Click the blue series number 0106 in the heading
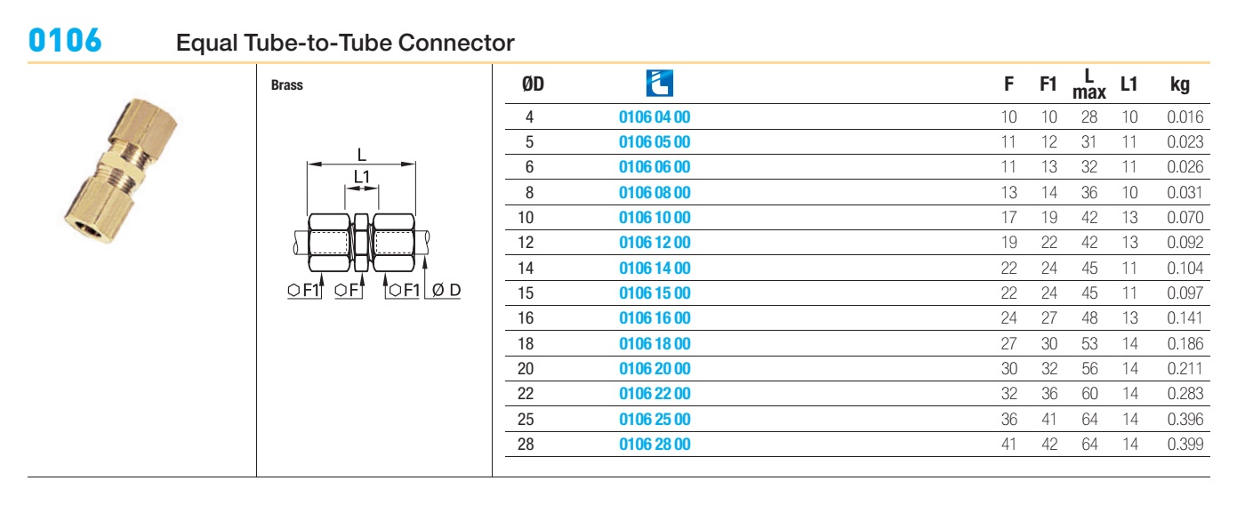pos(65,40)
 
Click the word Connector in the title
pos(456,43)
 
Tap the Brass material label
pos(286,85)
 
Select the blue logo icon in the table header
pos(659,84)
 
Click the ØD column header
pos(533,84)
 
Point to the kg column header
pos(1179,85)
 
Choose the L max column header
pos(1089,84)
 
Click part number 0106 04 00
pos(655,117)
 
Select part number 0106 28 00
pos(655,444)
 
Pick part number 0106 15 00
pos(655,293)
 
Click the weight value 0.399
pos(1185,444)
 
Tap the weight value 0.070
pos(1185,218)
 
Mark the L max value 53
pos(1089,343)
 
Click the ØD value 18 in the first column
pos(526,343)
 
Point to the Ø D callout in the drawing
pos(446,290)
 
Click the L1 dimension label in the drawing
pos(362,177)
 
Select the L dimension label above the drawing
pos(362,155)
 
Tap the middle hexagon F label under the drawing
pos(347,290)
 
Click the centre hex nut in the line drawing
pos(361,243)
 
